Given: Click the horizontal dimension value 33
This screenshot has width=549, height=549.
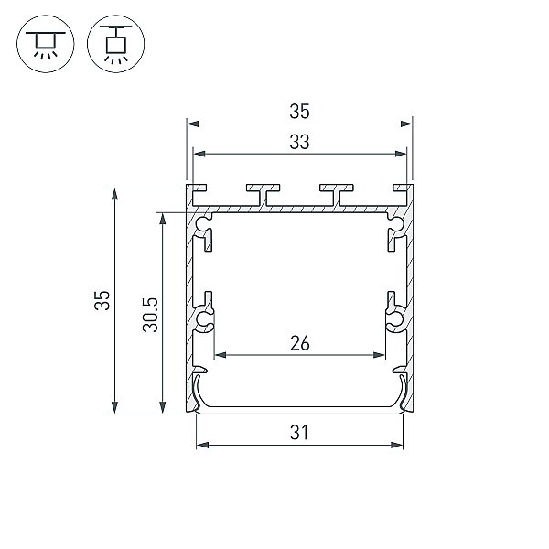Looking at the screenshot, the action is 300,142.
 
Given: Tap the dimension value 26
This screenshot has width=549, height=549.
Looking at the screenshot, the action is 300,343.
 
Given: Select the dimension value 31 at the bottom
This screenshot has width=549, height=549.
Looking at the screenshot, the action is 299,433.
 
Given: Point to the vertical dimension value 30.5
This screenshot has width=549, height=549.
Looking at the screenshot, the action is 151,315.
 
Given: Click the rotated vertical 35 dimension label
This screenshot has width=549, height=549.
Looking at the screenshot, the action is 102,300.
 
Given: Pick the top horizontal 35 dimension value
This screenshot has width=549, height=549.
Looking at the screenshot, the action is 300,112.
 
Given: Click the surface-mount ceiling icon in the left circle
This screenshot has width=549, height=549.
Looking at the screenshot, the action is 46,44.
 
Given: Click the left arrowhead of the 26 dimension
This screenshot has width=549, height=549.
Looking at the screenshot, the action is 221,355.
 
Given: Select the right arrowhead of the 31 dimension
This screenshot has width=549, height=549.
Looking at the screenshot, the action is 397,445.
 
